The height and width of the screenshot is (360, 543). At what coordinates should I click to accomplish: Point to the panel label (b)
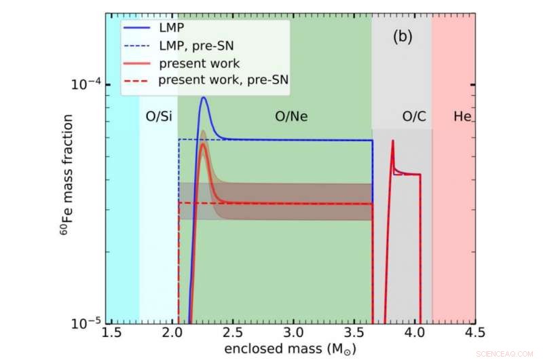(402, 37)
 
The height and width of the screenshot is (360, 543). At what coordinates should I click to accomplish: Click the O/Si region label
(158, 116)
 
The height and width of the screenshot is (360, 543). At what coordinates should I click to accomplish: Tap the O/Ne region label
(291, 116)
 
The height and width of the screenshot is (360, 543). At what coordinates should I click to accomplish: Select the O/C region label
(414, 116)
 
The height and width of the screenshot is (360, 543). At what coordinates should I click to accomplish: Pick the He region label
(462, 116)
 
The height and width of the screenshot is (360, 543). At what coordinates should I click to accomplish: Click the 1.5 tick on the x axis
(112, 333)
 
